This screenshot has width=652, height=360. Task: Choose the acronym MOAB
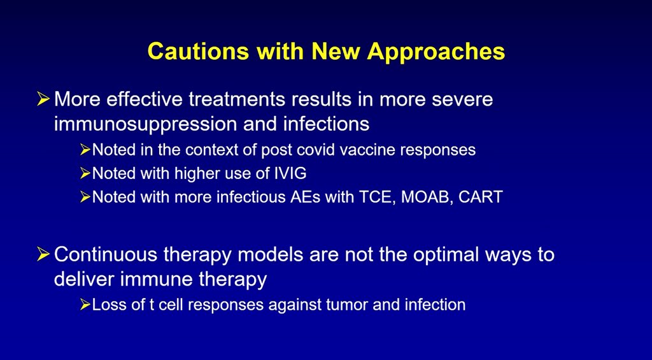pos(426,197)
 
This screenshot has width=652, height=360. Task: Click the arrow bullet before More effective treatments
pos(43,99)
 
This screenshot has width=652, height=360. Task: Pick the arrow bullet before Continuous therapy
pos(43,254)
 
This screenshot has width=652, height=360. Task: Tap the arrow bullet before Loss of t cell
pos(85,305)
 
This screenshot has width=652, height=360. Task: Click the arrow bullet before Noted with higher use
pos(85,173)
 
